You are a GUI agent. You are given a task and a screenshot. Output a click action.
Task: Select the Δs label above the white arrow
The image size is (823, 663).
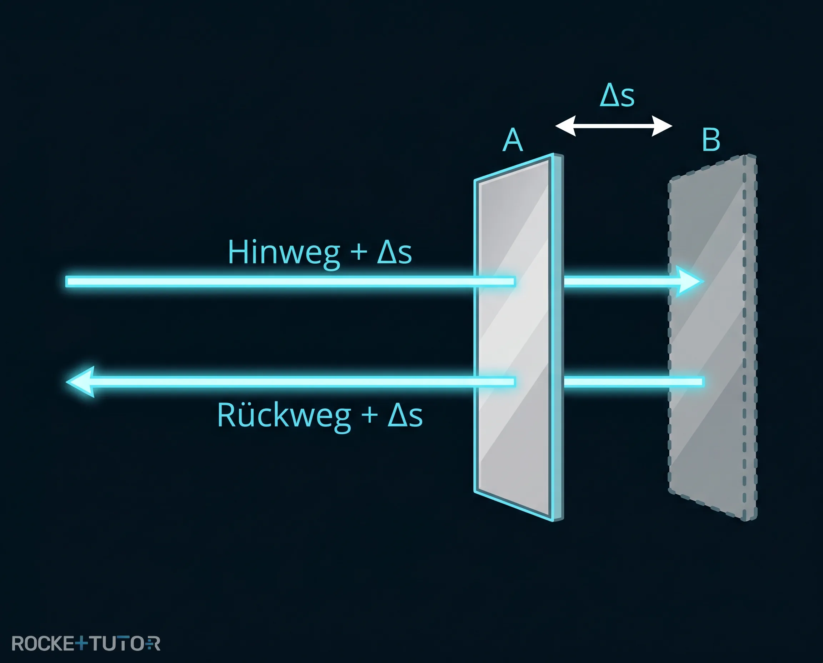click(x=617, y=95)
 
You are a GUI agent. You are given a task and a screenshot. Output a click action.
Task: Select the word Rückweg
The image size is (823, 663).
click(x=284, y=415)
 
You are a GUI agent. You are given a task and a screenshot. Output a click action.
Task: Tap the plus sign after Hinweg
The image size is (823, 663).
click(x=359, y=253)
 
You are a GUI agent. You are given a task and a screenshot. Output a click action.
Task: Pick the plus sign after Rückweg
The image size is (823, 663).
click(x=369, y=415)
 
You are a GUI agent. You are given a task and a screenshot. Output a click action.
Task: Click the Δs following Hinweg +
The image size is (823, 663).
click(x=394, y=252)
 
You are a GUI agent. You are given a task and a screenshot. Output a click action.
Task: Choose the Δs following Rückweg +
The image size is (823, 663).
click(x=405, y=415)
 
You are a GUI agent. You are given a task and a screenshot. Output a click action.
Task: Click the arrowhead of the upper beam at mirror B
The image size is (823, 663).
click(x=690, y=281)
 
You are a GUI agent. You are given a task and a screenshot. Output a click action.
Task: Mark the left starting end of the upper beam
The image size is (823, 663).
click(x=66, y=282)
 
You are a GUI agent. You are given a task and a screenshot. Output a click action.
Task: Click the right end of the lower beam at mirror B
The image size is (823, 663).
click(x=703, y=382)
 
